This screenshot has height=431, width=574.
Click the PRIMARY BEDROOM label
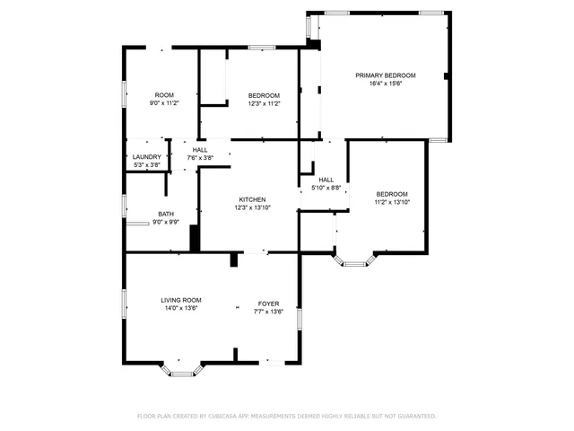click(x=385, y=75)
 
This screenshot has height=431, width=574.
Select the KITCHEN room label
click(x=252, y=199)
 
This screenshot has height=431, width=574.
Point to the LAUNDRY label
click(x=146, y=156)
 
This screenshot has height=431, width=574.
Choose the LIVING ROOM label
click(x=181, y=300)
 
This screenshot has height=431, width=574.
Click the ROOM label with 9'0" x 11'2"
click(x=164, y=95)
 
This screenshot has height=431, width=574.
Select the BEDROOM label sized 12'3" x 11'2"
click(x=264, y=95)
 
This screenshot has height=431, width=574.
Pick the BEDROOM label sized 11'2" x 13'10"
click(x=391, y=194)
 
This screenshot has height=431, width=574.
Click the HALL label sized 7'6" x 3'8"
click(x=200, y=150)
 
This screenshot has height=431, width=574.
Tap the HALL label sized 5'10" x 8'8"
click(x=326, y=179)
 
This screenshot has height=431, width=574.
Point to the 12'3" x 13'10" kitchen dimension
click(x=252, y=207)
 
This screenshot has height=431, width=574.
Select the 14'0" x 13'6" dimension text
click(x=181, y=308)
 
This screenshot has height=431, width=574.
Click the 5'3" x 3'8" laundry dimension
click(x=146, y=164)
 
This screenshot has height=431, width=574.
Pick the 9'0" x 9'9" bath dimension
click(x=166, y=222)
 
